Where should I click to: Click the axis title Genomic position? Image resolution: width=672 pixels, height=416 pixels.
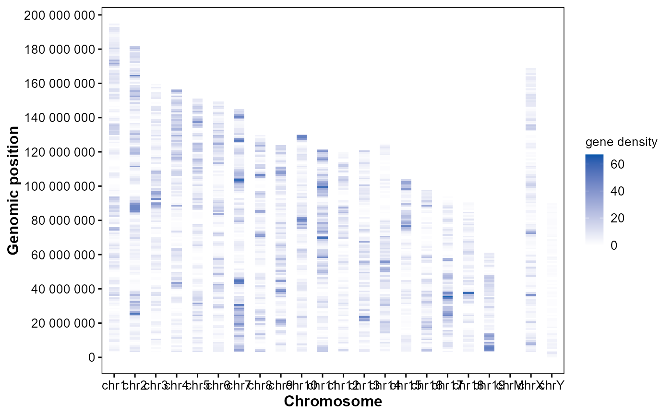click(x=14, y=190)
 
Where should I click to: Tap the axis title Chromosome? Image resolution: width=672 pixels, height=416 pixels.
click(x=333, y=401)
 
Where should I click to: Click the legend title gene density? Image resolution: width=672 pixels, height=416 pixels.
click(x=621, y=142)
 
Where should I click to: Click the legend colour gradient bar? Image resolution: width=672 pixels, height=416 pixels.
click(x=594, y=200)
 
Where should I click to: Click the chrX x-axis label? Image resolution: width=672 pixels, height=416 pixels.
click(x=531, y=385)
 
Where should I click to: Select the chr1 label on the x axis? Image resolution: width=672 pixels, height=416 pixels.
click(x=113, y=385)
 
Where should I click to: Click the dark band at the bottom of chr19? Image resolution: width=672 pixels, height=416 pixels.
click(x=489, y=348)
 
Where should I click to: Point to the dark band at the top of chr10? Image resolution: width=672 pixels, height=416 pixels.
click(x=301, y=137)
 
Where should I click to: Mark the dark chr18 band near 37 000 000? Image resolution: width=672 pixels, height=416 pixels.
click(x=468, y=293)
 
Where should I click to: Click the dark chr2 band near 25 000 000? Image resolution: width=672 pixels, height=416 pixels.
click(x=134, y=313)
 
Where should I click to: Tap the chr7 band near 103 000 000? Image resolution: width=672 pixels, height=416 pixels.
click(x=239, y=181)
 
